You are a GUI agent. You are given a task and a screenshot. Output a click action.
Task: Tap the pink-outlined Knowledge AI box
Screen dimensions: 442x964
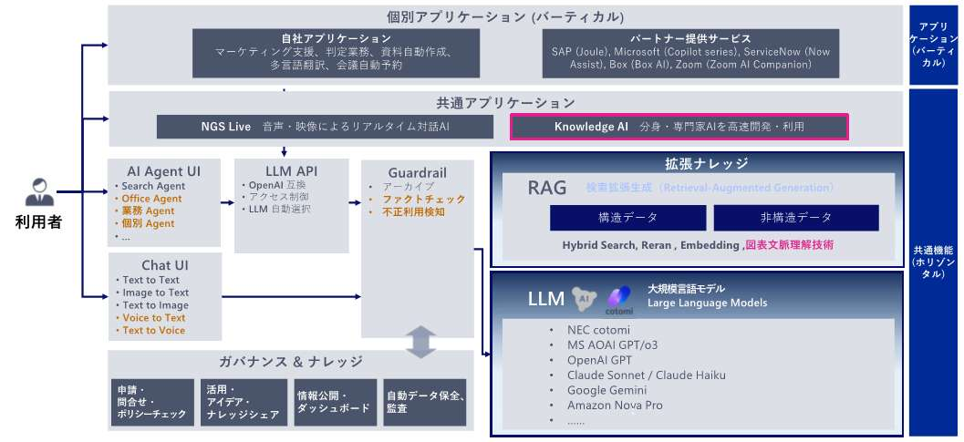679,127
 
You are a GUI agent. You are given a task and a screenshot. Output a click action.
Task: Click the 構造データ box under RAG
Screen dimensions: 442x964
627,218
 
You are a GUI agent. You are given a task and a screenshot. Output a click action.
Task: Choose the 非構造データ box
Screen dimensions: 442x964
796,218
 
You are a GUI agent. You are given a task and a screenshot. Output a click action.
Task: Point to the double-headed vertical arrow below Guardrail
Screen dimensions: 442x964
419,341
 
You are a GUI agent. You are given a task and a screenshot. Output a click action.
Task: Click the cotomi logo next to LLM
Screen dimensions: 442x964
621,297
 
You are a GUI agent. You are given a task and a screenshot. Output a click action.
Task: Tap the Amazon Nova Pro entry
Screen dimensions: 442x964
615,406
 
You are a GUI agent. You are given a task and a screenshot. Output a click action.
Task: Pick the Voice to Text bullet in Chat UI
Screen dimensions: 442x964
152,318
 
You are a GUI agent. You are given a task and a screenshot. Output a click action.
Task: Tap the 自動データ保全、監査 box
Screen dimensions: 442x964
426,402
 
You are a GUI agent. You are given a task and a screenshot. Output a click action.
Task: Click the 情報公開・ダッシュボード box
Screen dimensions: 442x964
334,402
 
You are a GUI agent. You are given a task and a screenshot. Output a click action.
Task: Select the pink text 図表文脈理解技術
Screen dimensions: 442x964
789,245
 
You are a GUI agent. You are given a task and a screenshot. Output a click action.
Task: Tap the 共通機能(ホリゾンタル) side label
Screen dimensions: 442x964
935,261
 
